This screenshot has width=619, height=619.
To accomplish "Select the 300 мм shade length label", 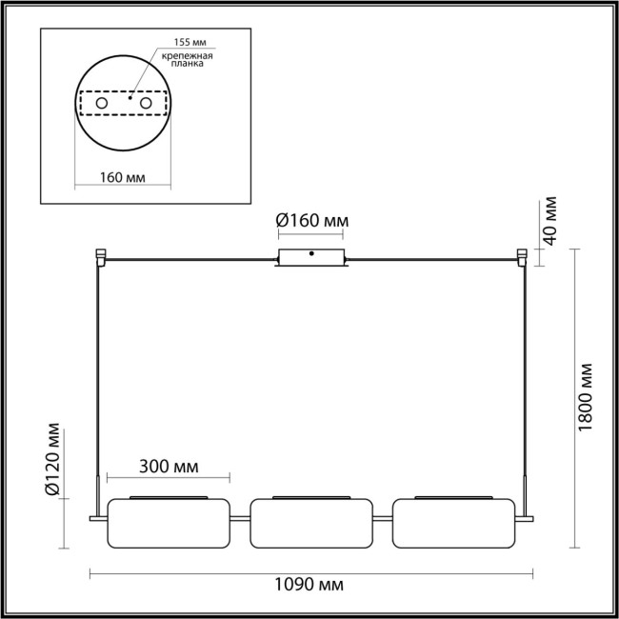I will coord(170,467).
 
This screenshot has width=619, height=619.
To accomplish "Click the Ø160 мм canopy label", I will coord(311,222).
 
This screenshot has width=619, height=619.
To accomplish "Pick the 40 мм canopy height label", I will coord(550,221).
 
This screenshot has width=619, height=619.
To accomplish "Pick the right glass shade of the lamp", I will coord(452,522).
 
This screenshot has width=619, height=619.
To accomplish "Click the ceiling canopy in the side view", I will coord(311,257).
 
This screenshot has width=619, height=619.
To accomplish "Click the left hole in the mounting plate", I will coord(102,101).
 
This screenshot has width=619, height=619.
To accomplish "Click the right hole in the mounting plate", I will coord(145,101).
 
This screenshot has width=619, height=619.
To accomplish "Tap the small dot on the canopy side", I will coord(311,254).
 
